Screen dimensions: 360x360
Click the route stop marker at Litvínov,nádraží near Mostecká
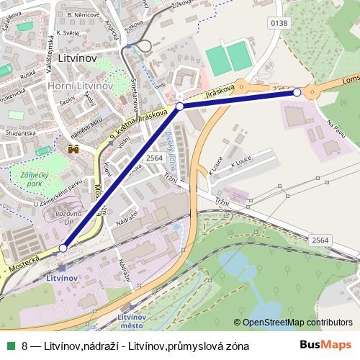point(63,248)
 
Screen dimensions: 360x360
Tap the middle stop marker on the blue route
point(180,106)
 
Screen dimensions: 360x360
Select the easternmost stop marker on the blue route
point(297,92)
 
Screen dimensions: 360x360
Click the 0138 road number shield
point(279,23)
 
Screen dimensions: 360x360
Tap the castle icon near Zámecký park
point(73,148)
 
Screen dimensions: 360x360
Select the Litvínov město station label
point(132,322)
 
